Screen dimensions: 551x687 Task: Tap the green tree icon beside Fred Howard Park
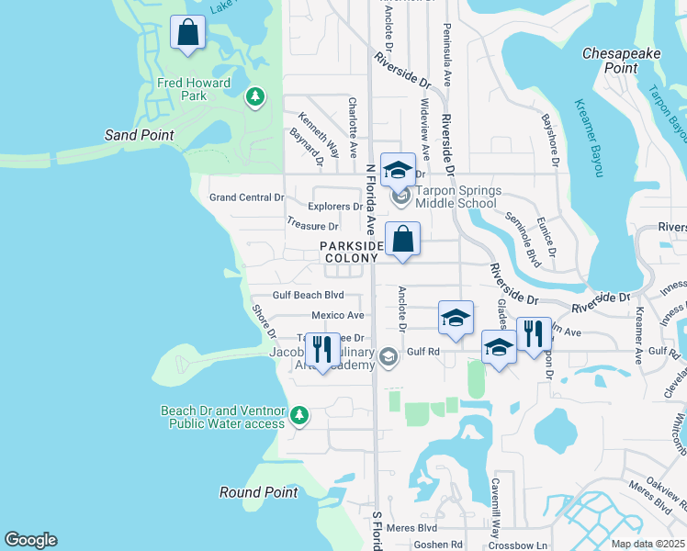[254, 96]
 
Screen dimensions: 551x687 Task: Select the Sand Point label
[140, 135]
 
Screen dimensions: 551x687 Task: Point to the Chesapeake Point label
[622, 61]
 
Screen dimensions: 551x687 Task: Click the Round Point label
[259, 492]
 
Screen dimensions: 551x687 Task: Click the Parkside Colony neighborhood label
[350, 252]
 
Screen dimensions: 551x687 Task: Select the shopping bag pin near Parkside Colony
[402, 240]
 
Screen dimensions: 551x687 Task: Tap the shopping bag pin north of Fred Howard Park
[187, 34]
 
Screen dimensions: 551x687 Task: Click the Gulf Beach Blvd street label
[308, 296]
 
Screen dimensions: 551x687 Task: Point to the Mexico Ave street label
[338, 315]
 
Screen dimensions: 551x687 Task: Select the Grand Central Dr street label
[247, 197]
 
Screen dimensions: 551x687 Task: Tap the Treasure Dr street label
[312, 225]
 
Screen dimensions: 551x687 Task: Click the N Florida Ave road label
[371, 198]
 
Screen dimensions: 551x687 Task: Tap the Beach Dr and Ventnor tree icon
[298, 416]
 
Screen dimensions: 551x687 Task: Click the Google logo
[30, 540]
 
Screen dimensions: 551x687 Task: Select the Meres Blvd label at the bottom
[414, 528]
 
